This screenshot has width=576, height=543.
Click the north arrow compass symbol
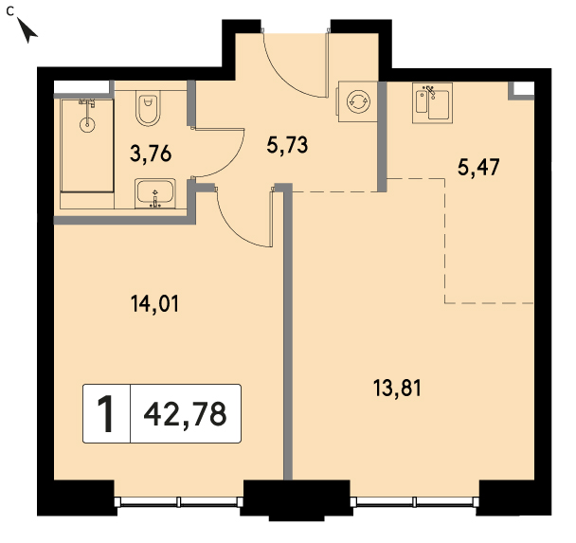pos(27,30)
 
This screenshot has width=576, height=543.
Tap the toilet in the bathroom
pos(148,108)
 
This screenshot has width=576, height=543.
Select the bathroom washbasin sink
pos(155,193)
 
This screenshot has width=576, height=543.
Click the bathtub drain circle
pos(87,124)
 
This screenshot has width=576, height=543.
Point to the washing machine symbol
pos(358,101)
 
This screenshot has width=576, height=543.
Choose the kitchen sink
pos(432,103)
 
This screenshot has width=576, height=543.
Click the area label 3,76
pos(151,154)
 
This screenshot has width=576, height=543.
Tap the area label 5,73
pos(287,145)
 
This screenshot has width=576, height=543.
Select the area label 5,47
pos(478,168)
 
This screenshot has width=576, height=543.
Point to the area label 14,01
pos(154,304)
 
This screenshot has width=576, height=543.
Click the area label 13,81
pos(397,389)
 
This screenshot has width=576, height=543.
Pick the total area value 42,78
pos(185,414)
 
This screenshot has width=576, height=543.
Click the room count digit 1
pos(106,414)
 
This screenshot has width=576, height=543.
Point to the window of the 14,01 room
pos(178,502)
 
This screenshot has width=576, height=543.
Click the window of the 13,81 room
pos(415,502)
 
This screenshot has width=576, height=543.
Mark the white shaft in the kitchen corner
pos(523,88)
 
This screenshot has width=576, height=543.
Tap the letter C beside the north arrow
pos(9,11)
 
